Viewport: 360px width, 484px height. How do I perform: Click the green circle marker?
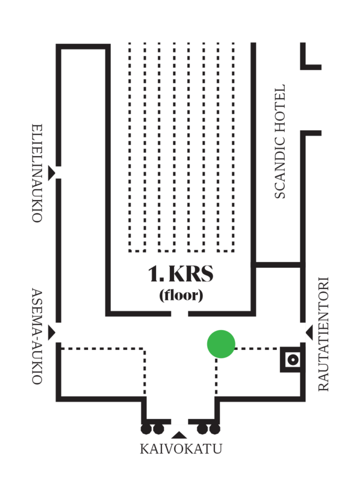221,343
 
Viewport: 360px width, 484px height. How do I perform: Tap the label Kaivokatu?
180,449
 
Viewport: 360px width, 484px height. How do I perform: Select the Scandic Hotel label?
279,141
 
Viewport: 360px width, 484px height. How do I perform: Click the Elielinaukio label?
36,173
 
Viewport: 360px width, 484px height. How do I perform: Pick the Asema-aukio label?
36,336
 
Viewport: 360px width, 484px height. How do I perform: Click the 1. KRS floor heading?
180,274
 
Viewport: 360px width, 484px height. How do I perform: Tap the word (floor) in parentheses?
181,296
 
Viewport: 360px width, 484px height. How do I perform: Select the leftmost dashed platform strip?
137,147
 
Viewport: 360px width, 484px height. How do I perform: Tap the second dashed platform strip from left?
167,147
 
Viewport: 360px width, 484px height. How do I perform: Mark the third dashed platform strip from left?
196,147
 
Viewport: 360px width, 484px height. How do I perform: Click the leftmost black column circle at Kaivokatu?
146,429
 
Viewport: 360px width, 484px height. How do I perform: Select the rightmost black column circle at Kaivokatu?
215,429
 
